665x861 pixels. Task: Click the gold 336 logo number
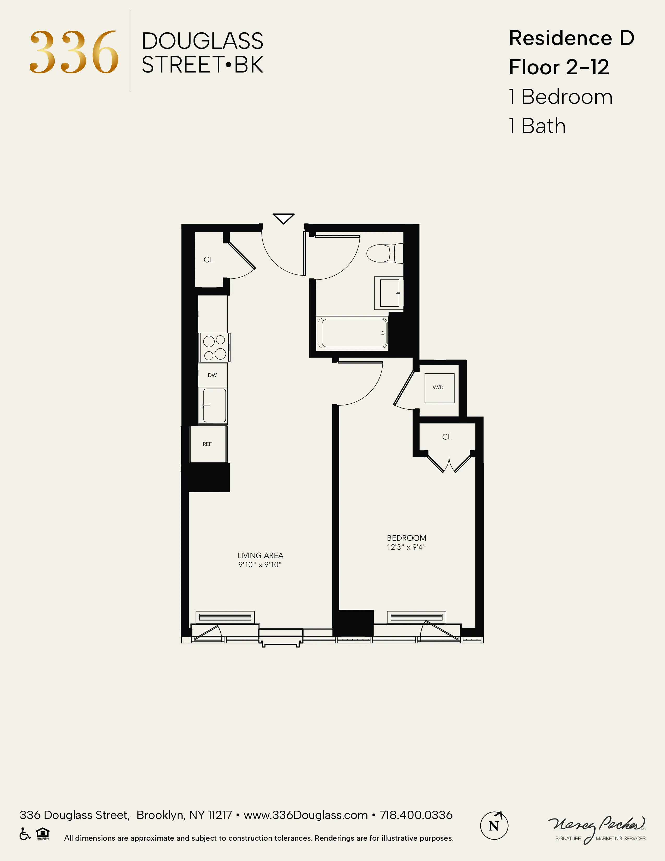click(x=74, y=52)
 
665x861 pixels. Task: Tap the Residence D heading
click(x=571, y=38)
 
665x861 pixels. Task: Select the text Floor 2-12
click(x=559, y=67)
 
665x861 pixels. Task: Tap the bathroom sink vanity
click(x=389, y=293)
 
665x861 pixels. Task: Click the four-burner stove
click(x=214, y=347)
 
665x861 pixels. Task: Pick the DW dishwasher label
click(x=212, y=375)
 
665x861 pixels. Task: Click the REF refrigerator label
click(x=207, y=444)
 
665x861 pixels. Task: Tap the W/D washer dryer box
click(x=439, y=388)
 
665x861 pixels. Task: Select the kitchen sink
click(x=214, y=405)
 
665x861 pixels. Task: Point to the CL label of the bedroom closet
click(x=447, y=437)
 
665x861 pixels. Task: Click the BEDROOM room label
click(x=406, y=538)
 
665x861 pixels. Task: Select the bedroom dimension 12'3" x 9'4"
click(x=406, y=547)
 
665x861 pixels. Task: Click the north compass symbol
click(x=494, y=826)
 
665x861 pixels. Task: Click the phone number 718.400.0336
click(x=416, y=815)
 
